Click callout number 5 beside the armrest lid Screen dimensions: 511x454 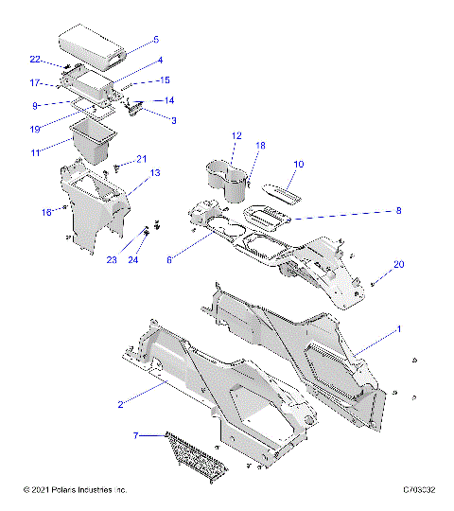pos(156,40)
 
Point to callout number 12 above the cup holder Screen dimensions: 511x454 pos(236,136)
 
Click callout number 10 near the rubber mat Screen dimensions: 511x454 pos(298,165)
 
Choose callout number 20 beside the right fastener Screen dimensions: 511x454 pos(398,264)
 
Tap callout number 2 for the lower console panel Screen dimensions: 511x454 pos(147,404)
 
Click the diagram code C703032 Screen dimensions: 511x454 pos(418,490)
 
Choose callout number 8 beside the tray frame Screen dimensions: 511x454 pos(372,211)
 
